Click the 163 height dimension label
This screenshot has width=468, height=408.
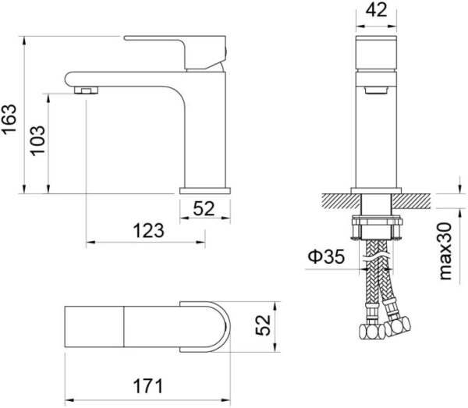coord(9,119)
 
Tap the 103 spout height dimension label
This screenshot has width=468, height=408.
coord(37,140)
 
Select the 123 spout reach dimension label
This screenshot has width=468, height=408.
coord(148,231)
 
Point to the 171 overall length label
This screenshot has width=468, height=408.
coord(148,386)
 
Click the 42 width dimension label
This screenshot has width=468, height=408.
coord(377,10)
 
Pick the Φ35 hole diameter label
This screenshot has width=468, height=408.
coord(326,257)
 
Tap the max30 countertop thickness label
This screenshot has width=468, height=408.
coord(445,251)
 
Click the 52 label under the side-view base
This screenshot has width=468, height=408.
coord(204,208)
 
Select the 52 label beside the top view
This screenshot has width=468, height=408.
coord(263,325)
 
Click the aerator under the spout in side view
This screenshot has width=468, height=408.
coord(87,90)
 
